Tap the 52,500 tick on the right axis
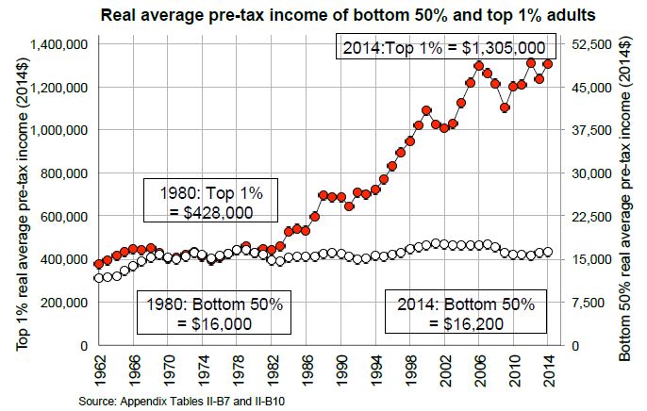(x=592, y=44)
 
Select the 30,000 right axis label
(x=592, y=173)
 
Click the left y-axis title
(x=20, y=195)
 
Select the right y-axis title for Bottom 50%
(x=626, y=195)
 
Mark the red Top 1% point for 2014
(x=548, y=64)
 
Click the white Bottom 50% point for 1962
(x=99, y=277)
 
